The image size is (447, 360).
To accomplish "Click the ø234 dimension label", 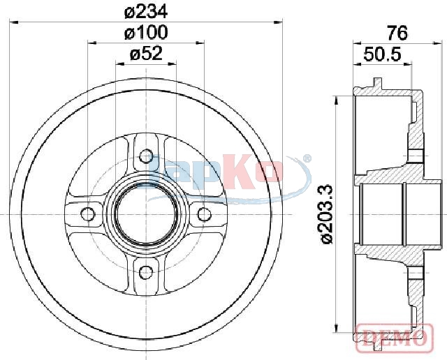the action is pos(146,12).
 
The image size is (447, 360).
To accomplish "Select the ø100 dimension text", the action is pos(146,33).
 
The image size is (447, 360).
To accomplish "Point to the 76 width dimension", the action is pos(397,33).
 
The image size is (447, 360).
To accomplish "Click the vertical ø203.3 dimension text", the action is pos(327,214).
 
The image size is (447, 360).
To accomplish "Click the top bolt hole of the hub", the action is pos(146,156).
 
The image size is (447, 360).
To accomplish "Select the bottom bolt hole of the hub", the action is pos(146,272).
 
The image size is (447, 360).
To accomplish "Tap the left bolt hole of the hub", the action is pos(87,214).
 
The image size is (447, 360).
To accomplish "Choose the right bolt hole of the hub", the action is pos(205,214).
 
